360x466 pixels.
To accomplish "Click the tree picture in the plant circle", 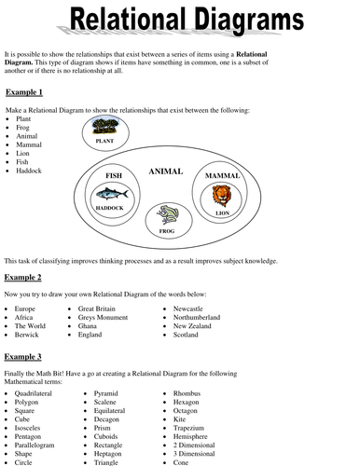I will tap(118, 127).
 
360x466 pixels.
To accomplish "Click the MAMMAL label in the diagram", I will tap(222, 175).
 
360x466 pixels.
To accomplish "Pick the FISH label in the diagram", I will tap(114, 175).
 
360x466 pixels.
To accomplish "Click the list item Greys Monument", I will tap(104, 317).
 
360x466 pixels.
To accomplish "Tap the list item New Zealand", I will tap(192, 326).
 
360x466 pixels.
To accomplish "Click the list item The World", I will tap(32, 326).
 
